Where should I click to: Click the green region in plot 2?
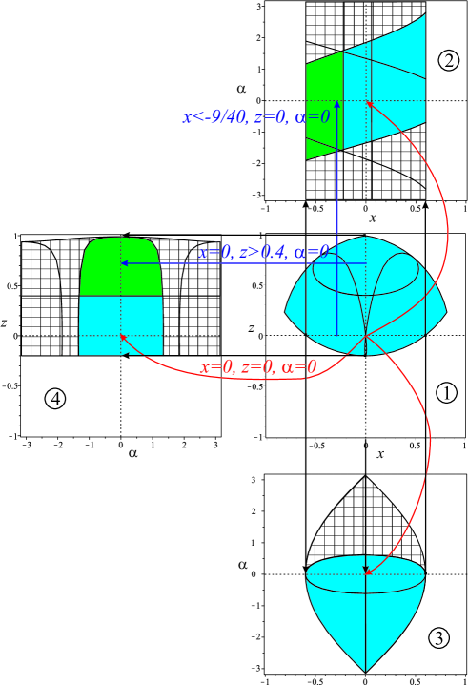324,105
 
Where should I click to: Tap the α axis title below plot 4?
132,453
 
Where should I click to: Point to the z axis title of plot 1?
251,329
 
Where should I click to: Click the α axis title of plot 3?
244,565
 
